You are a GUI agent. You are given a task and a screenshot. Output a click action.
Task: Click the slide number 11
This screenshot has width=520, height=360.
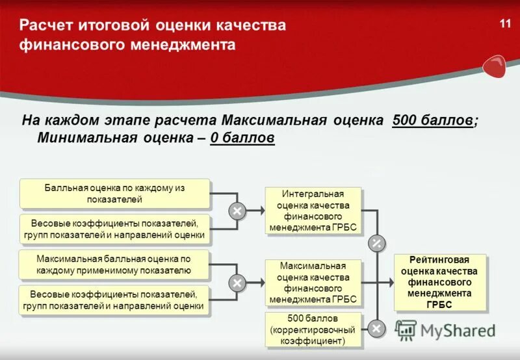coord(505,24)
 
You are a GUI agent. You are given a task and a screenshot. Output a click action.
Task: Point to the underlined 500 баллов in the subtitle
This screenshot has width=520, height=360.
coord(433,121)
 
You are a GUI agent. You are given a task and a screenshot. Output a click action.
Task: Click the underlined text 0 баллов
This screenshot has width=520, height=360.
coord(242,138)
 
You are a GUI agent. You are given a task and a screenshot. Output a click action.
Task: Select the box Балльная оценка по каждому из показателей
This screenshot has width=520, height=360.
coord(115,193)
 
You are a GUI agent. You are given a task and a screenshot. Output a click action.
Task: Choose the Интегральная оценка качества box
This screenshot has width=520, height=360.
coord(313,211)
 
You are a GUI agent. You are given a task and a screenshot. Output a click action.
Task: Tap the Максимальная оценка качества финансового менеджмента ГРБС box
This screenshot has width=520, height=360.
coord(313,283)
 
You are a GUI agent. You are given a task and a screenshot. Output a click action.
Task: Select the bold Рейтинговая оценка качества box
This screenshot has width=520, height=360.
coord(439,281)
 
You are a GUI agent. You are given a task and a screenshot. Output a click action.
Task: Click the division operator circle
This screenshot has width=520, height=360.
coord(376,244)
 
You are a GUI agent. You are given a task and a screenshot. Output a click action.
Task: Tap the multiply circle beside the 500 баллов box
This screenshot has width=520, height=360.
coord(376,328)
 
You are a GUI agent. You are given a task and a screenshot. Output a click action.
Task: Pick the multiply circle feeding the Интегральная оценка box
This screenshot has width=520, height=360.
coord(237,211)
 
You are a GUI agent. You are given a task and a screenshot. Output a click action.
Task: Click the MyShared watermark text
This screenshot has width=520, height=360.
coord(458,330)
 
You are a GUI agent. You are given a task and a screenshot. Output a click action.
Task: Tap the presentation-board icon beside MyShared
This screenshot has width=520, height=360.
coord(406,330)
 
